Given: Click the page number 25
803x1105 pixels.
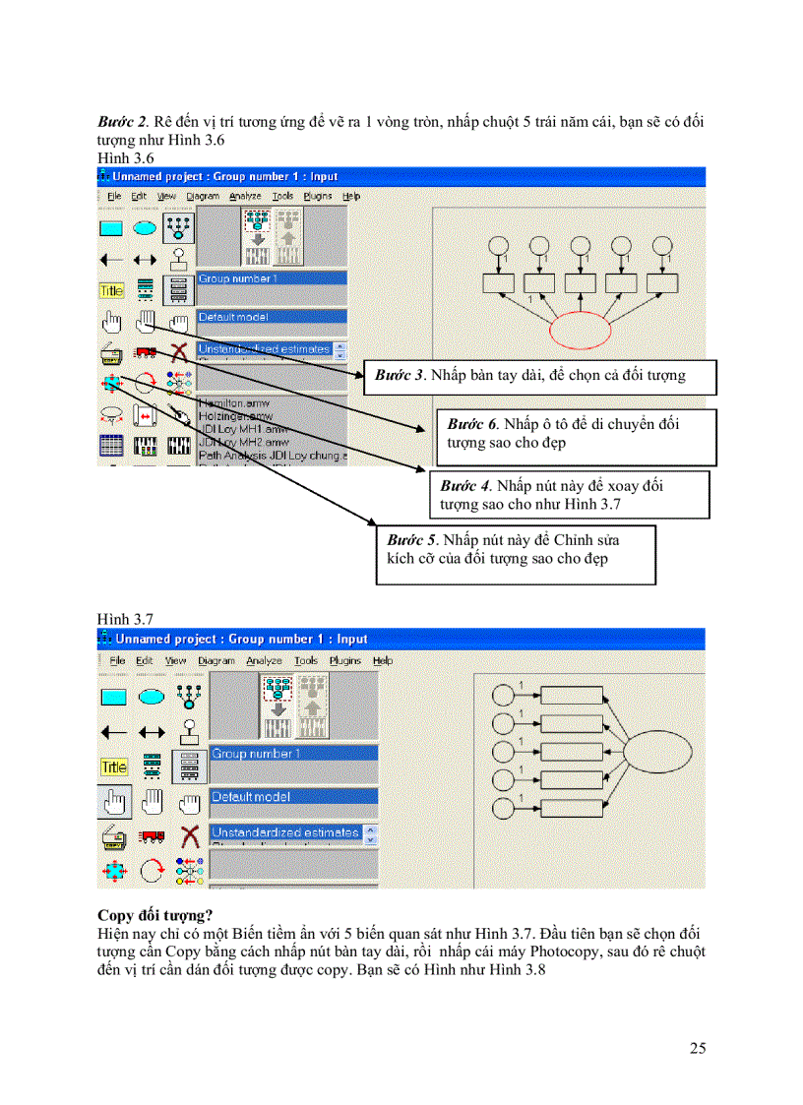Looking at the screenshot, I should pyautogui.click(x=697, y=1048).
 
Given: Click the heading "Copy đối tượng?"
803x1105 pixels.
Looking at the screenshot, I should pyautogui.click(x=155, y=915).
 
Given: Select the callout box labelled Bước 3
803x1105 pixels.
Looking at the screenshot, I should pyautogui.click(x=539, y=376).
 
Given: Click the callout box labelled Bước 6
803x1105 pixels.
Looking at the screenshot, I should pyautogui.click(x=575, y=435).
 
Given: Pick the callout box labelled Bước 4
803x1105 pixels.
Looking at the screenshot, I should pyautogui.click(x=569, y=495).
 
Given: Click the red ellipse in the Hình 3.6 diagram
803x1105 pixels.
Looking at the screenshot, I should pyautogui.click(x=582, y=331).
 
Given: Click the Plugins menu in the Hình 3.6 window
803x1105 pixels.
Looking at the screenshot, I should pyautogui.click(x=317, y=196).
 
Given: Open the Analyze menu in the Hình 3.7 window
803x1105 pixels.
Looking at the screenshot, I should pyautogui.click(x=264, y=660).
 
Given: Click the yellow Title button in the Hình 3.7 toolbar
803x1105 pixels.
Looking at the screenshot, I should pyautogui.click(x=114, y=767).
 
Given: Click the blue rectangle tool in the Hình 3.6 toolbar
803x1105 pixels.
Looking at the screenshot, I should pyautogui.click(x=111, y=228).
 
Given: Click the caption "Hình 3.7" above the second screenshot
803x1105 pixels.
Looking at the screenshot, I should pyautogui.click(x=125, y=619).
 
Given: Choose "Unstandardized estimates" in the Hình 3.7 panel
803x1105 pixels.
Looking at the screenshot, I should pyautogui.click(x=285, y=832).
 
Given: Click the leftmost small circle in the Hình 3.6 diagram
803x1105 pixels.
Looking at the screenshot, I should pyautogui.click(x=499, y=246).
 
